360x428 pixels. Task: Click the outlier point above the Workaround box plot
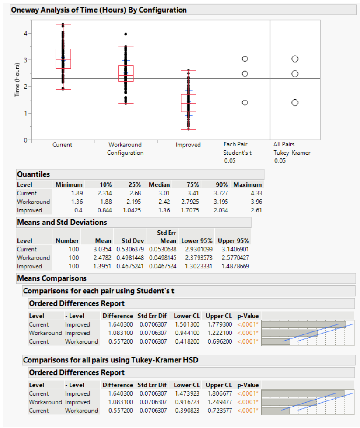click(126, 34)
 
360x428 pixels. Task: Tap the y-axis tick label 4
click(25, 34)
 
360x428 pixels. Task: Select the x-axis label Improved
click(188, 145)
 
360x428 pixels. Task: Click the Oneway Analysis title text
click(99, 10)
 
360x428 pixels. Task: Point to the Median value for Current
click(164, 193)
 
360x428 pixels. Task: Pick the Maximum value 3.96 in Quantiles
click(256, 202)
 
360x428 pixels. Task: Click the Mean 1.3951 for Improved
click(102, 266)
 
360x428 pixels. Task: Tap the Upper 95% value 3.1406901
click(235, 249)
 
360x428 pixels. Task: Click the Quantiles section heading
click(34, 174)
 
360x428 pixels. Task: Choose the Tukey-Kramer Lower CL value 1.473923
click(187, 393)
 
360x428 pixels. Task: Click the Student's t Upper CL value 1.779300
click(220, 324)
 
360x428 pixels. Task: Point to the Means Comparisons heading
click(52, 278)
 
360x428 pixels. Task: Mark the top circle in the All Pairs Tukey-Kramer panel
click(295, 59)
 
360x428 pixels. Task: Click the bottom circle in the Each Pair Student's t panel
click(245, 103)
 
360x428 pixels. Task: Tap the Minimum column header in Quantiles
click(69, 185)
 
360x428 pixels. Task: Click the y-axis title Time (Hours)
click(17, 80)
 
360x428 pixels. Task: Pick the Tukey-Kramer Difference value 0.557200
click(121, 410)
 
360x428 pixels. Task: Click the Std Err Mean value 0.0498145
click(163, 257)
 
